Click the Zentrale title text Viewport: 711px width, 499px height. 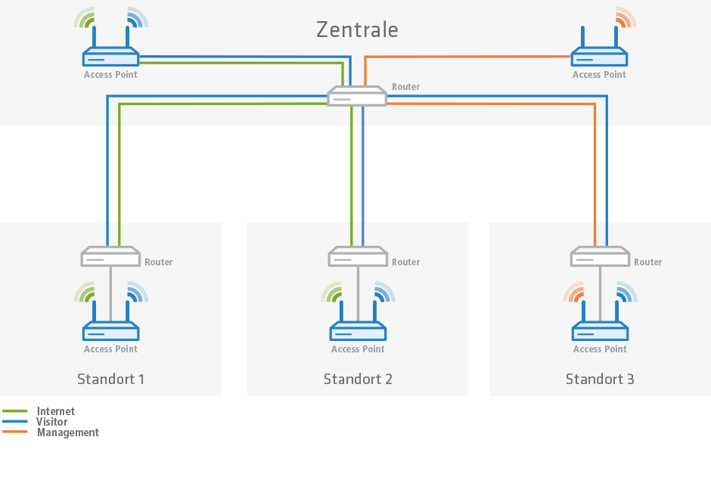pyautogui.click(x=357, y=29)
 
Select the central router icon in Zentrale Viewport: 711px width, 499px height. pyautogui.click(x=357, y=96)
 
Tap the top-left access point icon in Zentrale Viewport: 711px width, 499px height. pyautogui.click(x=110, y=57)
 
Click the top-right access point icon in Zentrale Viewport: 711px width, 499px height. pyautogui.click(x=599, y=57)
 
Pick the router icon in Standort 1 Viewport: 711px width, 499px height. pyautogui.click(x=110, y=256)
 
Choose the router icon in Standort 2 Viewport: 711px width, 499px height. pyautogui.click(x=358, y=256)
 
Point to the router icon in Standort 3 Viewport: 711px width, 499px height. pyautogui.click(x=600, y=256)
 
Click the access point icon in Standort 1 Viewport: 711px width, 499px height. pyautogui.click(x=110, y=330)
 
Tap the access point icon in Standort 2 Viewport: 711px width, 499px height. pyautogui.click(x=358, y=330)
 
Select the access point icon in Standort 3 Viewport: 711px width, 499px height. pyautogui.click(x=600, y=330)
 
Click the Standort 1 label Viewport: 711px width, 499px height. pyautogui.click(x=110, y=379)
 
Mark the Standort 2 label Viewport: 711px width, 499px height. pyautogui.click(x=358, y=379)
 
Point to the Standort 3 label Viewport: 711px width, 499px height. pyautogui.click(x=600, y=379)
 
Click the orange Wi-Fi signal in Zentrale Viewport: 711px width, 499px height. pyautogui.click(x=625, y=17)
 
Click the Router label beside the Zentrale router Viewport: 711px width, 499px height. pyautogui.click(x=405, y=87)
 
